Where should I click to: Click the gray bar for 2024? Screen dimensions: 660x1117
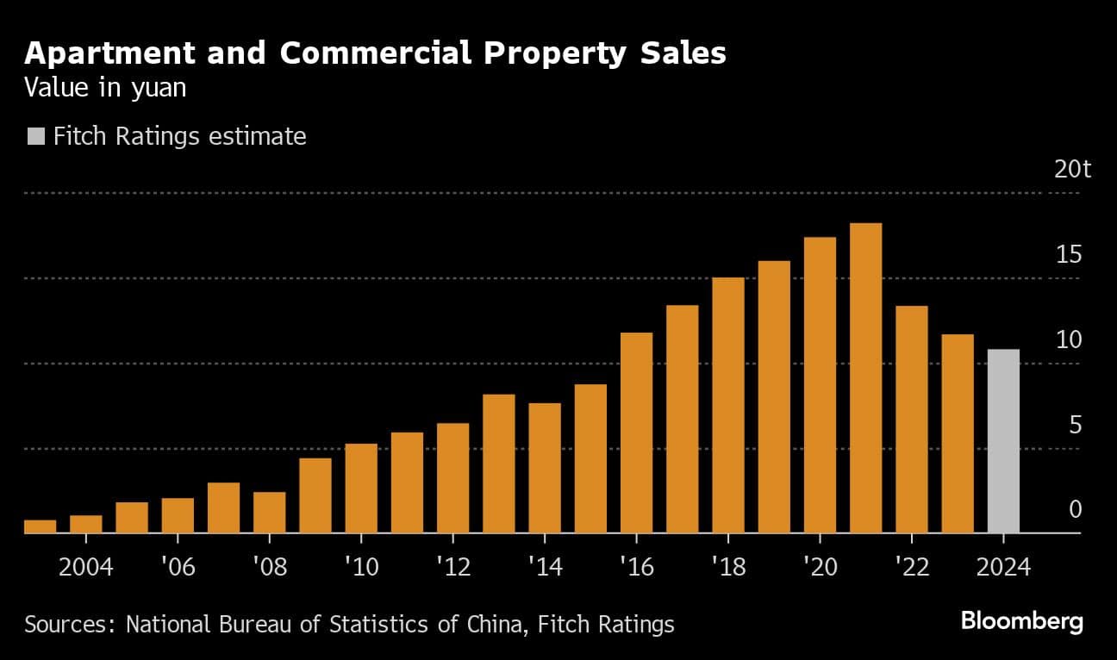pyautogui.click(x=1003, y=441)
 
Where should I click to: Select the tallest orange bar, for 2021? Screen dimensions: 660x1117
pyautogui.click(x=865, y=378)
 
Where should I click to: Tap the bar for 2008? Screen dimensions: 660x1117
pyautogui.click(x=269, y=513)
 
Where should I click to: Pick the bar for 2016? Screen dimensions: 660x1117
pyautogui.click(x=636, y=433)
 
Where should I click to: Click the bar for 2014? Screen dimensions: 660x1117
pyautogui.click(x=545, y=468)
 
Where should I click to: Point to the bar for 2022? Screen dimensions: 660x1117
pyautogui.click(x=911, y=420)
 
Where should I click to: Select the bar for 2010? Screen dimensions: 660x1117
pyautogui.click(x=361, y=489)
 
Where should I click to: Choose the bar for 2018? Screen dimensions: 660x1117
pyautogui.click(x=728, y=405)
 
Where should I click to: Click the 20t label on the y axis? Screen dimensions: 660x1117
pyautogui.click(x=1073, y=169)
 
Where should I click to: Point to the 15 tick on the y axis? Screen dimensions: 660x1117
pyautogui.click(x=1069, y=254)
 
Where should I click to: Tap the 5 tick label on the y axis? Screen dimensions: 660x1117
pyautogui.click(x=1075, y=425)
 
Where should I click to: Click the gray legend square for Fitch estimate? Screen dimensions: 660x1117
pyautogui.click(x=35, y=136)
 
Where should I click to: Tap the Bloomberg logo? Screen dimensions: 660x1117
pyautogui.click(x=1021, y=621)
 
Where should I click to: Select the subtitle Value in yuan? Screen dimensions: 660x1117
pyautogui.click(x=105, y=89)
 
